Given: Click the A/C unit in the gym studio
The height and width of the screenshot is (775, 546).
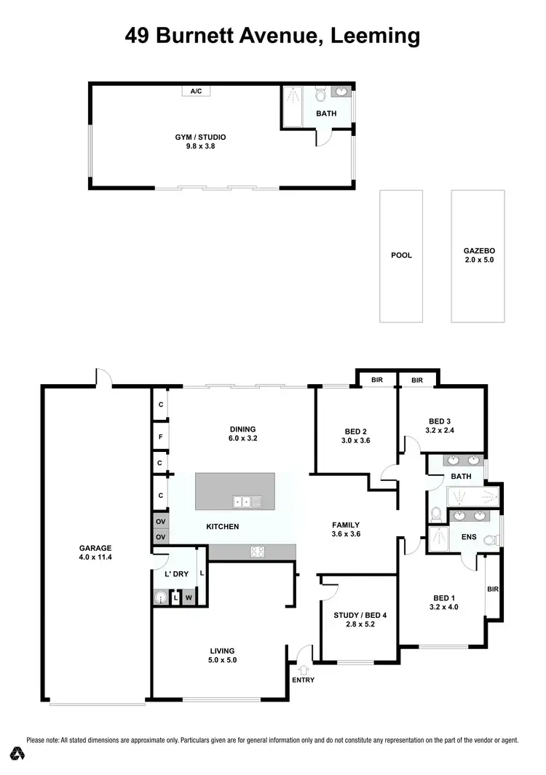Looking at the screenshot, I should click(196, 91).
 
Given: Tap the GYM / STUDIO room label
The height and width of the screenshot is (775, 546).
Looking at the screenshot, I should click(200, 137).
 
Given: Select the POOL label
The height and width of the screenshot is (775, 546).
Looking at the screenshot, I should click(401, 255).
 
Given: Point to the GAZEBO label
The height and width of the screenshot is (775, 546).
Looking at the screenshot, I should click(478, 250).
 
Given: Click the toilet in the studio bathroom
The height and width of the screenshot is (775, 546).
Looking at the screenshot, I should click(320, 95).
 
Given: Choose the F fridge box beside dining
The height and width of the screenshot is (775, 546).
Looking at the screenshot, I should click(160, 439).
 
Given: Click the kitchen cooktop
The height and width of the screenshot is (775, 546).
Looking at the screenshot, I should click(257, 552).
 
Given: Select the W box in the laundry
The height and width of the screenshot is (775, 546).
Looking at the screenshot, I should click(189, 598).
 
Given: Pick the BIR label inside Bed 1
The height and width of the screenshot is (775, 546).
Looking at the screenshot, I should click(493, 589).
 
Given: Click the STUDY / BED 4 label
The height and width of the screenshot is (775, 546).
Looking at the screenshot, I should click(360, 615).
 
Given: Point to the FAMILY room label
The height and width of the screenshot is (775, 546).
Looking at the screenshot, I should click(346, 524).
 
